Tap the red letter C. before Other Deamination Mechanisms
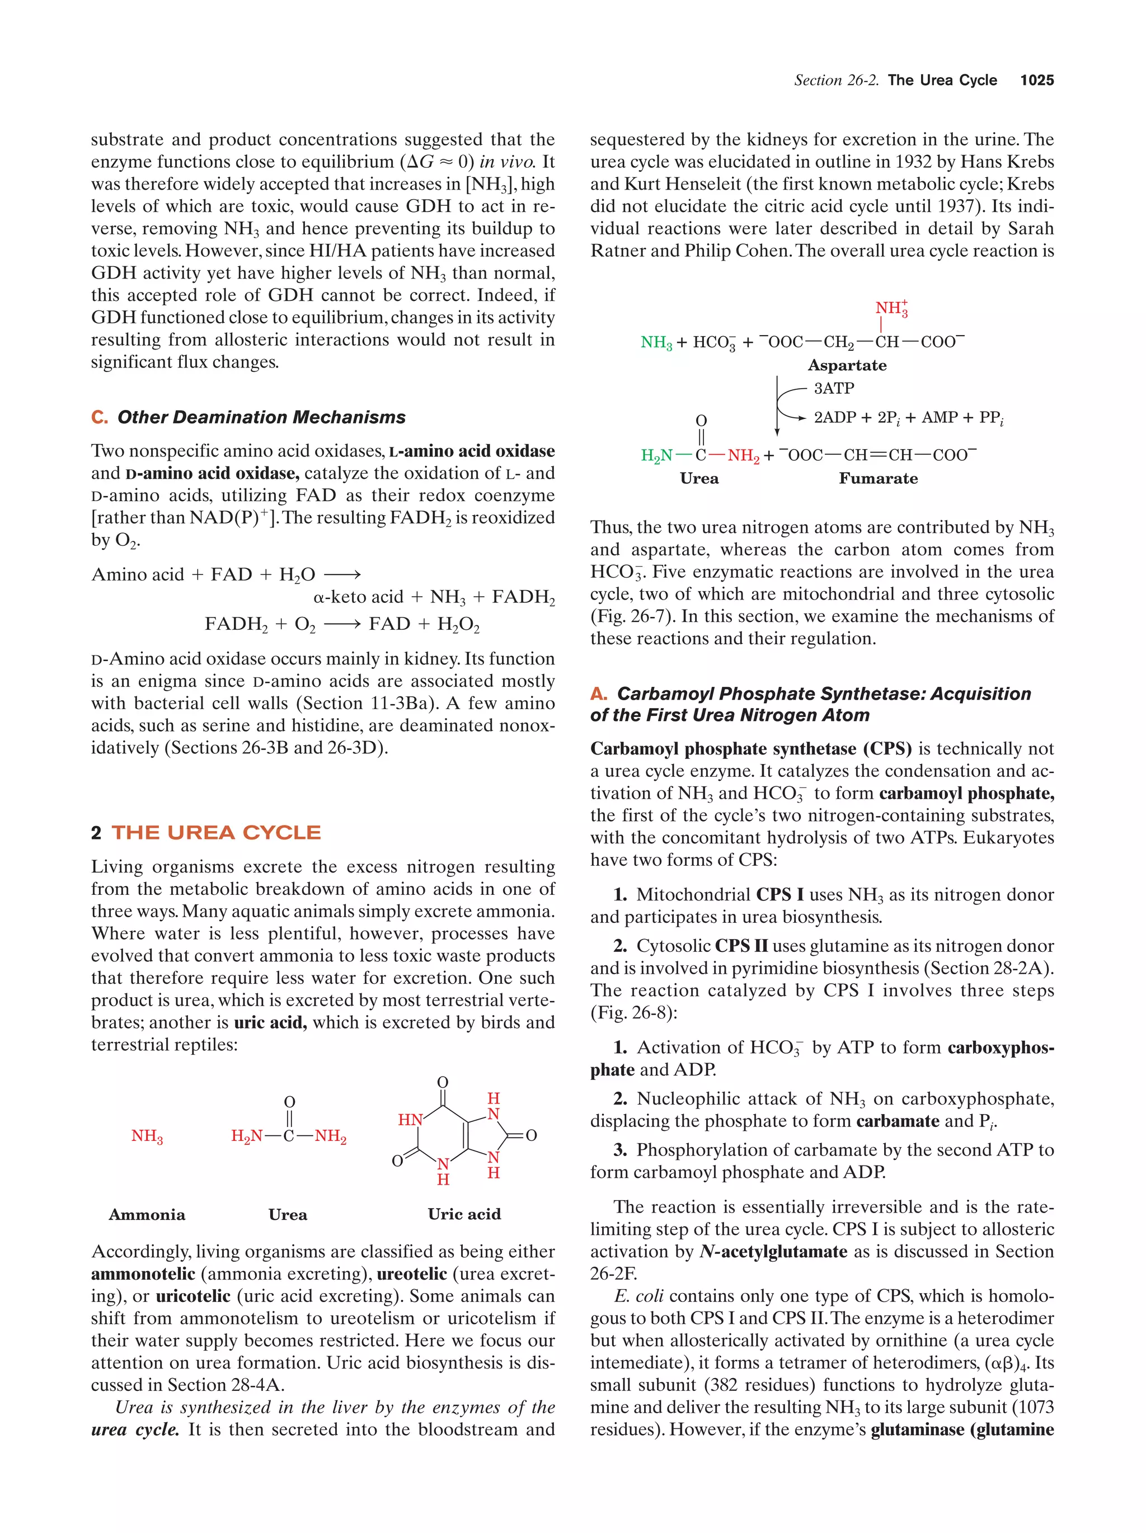(x=99, y=417)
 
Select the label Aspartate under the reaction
(x=847, y=365)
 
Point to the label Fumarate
(x=878, y=478)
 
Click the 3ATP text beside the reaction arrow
(x=833, y=388)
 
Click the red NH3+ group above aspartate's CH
(x=890, y=308)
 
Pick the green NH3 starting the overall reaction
(x=656, y=342)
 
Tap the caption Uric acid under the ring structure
(x=464, y=1214)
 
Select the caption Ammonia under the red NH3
(x=147, y=1214)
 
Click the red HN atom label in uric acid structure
(x=410, y=1119)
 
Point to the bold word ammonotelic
(x=143, y=1274)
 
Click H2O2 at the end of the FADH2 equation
(x=458, y=624)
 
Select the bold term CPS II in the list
(x=741, y=946)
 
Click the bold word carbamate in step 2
(x=898, y=1121)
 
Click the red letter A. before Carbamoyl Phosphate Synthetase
(x=598, y=694)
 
